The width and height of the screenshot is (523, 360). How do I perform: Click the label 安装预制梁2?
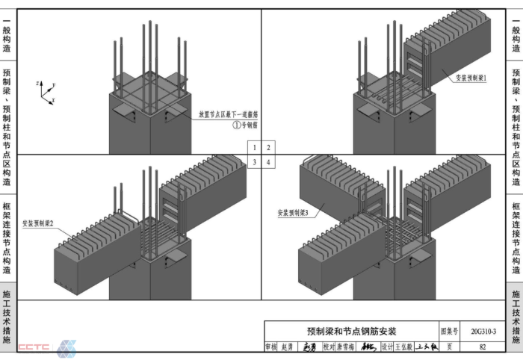point(38,223)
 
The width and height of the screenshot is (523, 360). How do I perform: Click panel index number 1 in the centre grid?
point(255,148)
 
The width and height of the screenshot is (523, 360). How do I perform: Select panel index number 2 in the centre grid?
point(268,148)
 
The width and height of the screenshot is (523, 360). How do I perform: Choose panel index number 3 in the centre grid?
point(255,161)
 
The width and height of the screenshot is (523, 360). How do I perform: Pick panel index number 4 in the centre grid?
point(268,161)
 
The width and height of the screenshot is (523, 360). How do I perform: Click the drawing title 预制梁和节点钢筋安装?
point(352,331)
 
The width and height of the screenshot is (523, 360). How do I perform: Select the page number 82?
point(483,347)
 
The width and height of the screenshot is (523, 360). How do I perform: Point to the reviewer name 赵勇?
point(288,347)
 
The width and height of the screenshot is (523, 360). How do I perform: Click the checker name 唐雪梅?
point(343,347)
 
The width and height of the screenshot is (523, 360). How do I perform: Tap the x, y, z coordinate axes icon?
point(46,90)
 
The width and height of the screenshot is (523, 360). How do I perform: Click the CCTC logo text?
point(33,347)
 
